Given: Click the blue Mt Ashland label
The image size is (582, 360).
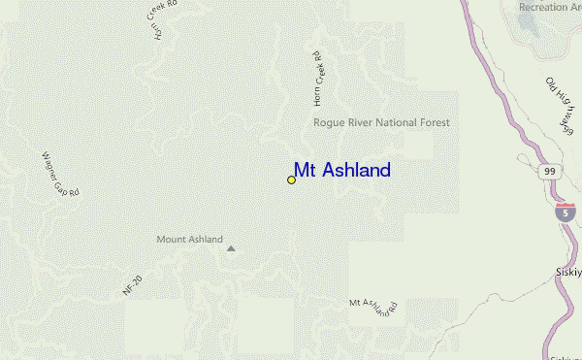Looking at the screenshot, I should (342, 171).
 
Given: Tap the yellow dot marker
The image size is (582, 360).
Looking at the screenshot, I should (291, 180).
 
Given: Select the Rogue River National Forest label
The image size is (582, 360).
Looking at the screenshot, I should (381, 123).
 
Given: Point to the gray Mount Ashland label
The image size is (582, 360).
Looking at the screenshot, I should (190, 239).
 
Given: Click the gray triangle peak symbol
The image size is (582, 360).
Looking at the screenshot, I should (231, 248).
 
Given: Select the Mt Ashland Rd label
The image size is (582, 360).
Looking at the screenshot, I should (375, 307).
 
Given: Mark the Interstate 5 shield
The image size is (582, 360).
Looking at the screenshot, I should (565, 213).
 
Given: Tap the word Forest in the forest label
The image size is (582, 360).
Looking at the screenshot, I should (432, 123).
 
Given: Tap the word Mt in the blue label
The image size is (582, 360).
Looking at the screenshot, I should (306, 171).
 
